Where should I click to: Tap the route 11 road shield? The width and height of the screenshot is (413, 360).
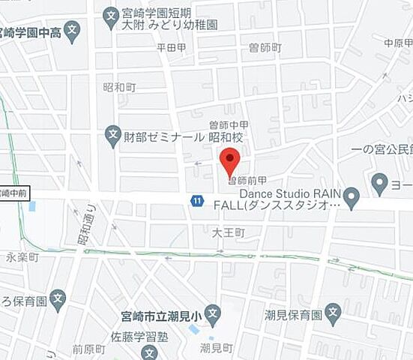[x=196, y=201]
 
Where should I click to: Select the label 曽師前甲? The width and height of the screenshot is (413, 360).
[x=247, y=181]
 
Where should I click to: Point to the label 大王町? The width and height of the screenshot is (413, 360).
[x=228, y=233]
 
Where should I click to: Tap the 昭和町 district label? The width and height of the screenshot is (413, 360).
[x=120, y=87]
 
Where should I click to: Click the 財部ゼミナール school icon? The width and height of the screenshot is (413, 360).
[x=112, y=136]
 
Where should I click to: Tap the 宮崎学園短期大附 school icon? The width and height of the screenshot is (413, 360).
[x=111, y=14]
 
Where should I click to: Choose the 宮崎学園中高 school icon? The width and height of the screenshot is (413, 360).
[x=72, y=31]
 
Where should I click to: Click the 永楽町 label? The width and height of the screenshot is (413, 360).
[x=23, y=256]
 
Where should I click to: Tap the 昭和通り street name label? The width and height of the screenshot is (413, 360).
[x=85, y=225]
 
